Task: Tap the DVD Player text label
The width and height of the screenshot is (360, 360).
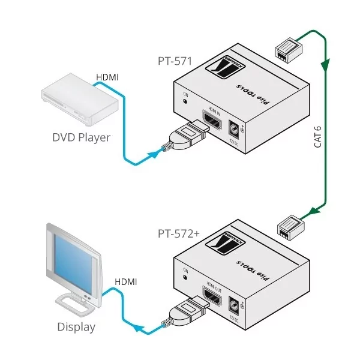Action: (x=80, y=137)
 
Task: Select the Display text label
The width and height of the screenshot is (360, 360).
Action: (x=76, y=327)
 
